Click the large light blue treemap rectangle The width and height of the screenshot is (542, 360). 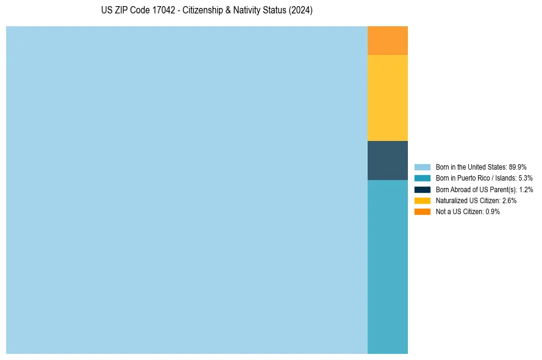(x=187, y=190)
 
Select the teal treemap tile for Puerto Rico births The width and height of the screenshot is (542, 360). (x=387, y=267)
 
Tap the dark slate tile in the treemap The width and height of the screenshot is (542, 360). (x=387, y=160)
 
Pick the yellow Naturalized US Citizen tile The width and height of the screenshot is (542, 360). (x=387, y=98)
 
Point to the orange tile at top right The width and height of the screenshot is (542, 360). (x=387, y=40)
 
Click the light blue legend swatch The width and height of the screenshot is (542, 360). (x=422, y=167)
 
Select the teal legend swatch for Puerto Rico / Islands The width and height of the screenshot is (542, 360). (x=422, y=178)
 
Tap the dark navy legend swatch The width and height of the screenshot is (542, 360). (x=422, y=189)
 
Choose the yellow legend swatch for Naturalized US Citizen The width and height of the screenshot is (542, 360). (x=422, y=200)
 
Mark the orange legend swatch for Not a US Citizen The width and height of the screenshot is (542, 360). (x=422, y=212)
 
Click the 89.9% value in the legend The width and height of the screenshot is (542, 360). (x=518, y=167)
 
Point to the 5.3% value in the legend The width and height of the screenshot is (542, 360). (x=525, y=178)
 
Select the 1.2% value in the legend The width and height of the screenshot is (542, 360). (x=526, y=190)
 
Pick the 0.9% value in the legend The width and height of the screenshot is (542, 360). (x=493, y=212)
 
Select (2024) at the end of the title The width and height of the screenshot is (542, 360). (x=300, y=11)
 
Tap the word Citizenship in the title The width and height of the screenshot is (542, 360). (x=204, y=11)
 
